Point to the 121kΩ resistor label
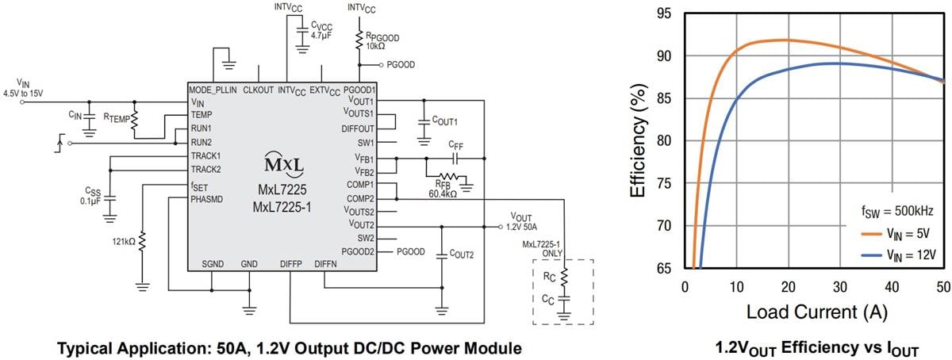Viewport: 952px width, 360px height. (124, 237)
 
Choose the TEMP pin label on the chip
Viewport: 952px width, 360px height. (202, 115)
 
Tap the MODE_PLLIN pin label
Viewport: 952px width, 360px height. (212, 89)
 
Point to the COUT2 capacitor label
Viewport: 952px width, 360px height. (462, 255)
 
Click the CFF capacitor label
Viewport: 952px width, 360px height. (455, 146)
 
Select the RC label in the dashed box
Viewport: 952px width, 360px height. (548, 278)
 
